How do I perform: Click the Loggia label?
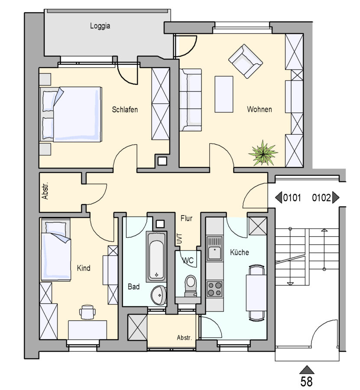click(x=100, y=26)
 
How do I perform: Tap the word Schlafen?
click(x=125, y=110)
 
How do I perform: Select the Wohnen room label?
click(x=259, y=109)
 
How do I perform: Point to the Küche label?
click(x=240, y=252)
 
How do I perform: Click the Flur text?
click(x=186, y=218)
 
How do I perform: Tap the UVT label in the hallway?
click(x=179, y=239)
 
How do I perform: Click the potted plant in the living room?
click(x=263, y=153)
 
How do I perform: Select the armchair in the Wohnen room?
click(x=245, y=61)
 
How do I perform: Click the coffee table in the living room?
click(x=224, y=94)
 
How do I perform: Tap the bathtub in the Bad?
click(x=156, y=257)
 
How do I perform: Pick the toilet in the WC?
click(x=191, y=286)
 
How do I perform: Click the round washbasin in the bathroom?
click(x=159, y=295)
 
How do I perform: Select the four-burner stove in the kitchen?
click(x=214, y=289)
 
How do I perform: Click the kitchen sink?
click(x=214, y=248)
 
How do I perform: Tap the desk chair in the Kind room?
click(x=87, y=312)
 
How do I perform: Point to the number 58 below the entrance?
click(x=307, y=381)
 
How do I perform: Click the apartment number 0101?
click(x=292, y=198)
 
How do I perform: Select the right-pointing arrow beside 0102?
click(x=336, y=198)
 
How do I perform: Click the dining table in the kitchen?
click(x=256, y=292)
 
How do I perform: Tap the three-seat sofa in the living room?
click(x=191, y=100)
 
